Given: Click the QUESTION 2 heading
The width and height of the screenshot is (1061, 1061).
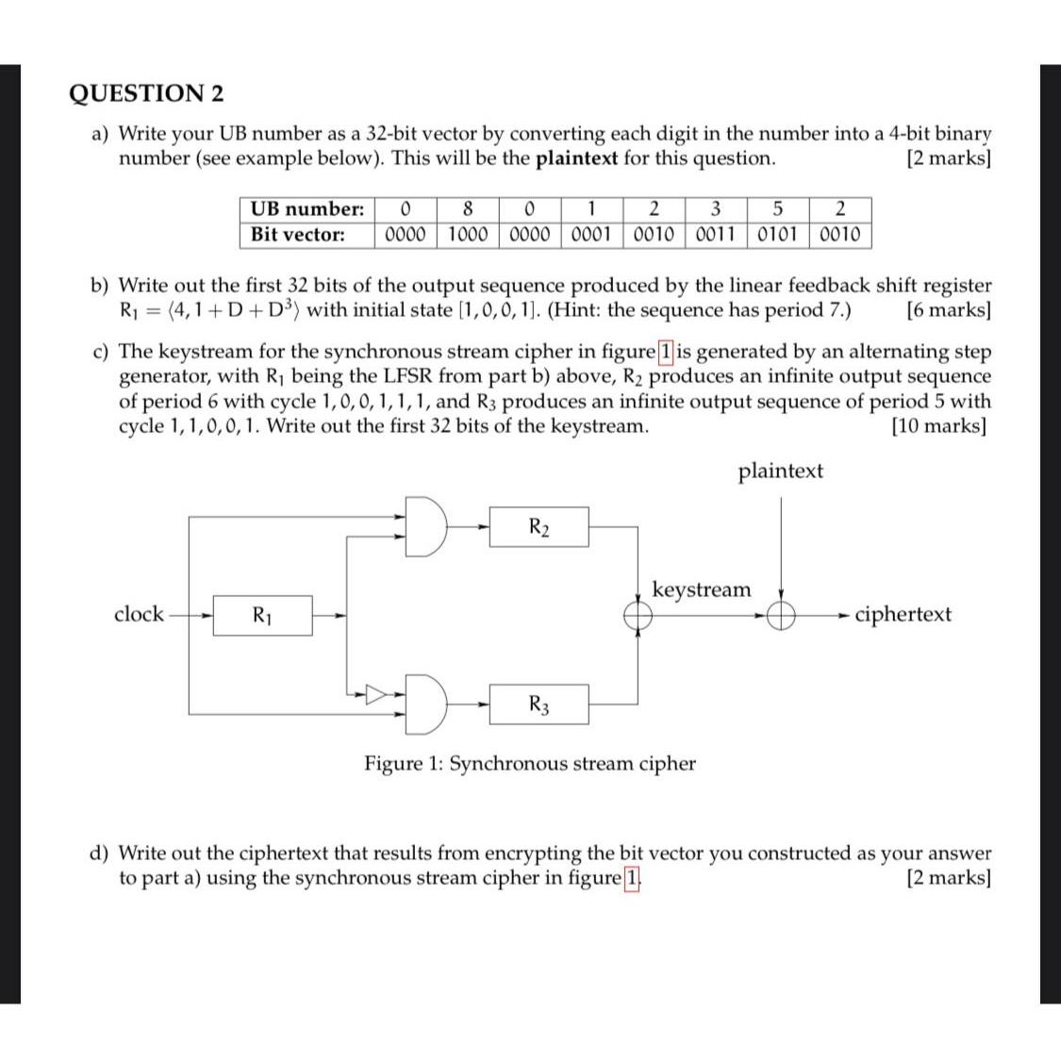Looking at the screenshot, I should [x=147, y=93].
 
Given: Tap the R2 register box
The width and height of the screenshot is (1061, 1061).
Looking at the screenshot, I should [x=538, y=526].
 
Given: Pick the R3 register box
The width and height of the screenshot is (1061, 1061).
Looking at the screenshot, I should [x=538, y=704].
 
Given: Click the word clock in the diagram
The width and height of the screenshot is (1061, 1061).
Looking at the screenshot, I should [x=139, y=615].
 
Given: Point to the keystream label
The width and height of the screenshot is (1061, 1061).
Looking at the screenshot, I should [x=702, y=590].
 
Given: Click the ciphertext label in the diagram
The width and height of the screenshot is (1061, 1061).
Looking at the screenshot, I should [x=903, y=615].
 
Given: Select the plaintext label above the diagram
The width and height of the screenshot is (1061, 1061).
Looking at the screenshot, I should [x=780, y=471].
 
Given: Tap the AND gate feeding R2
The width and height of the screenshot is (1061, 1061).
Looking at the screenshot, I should [x=427, y=526].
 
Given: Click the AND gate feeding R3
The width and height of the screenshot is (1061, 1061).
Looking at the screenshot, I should [x=427, y=704].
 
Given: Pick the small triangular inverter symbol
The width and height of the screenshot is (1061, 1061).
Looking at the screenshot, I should [x=376, y=695].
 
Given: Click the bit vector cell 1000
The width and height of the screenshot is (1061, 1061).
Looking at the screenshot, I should [x=468, y=235].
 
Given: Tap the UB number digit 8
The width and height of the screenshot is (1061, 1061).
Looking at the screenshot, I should [x=468, y=208].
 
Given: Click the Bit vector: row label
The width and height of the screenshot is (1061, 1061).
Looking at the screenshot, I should [x=298, y=235].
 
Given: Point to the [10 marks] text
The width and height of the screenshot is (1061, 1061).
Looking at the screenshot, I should [x=938, y=426].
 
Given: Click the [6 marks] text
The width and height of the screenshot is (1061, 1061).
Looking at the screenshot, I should [x=948, y=310].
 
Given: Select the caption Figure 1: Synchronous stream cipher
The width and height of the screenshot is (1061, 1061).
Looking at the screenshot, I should [x=530, y=763].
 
